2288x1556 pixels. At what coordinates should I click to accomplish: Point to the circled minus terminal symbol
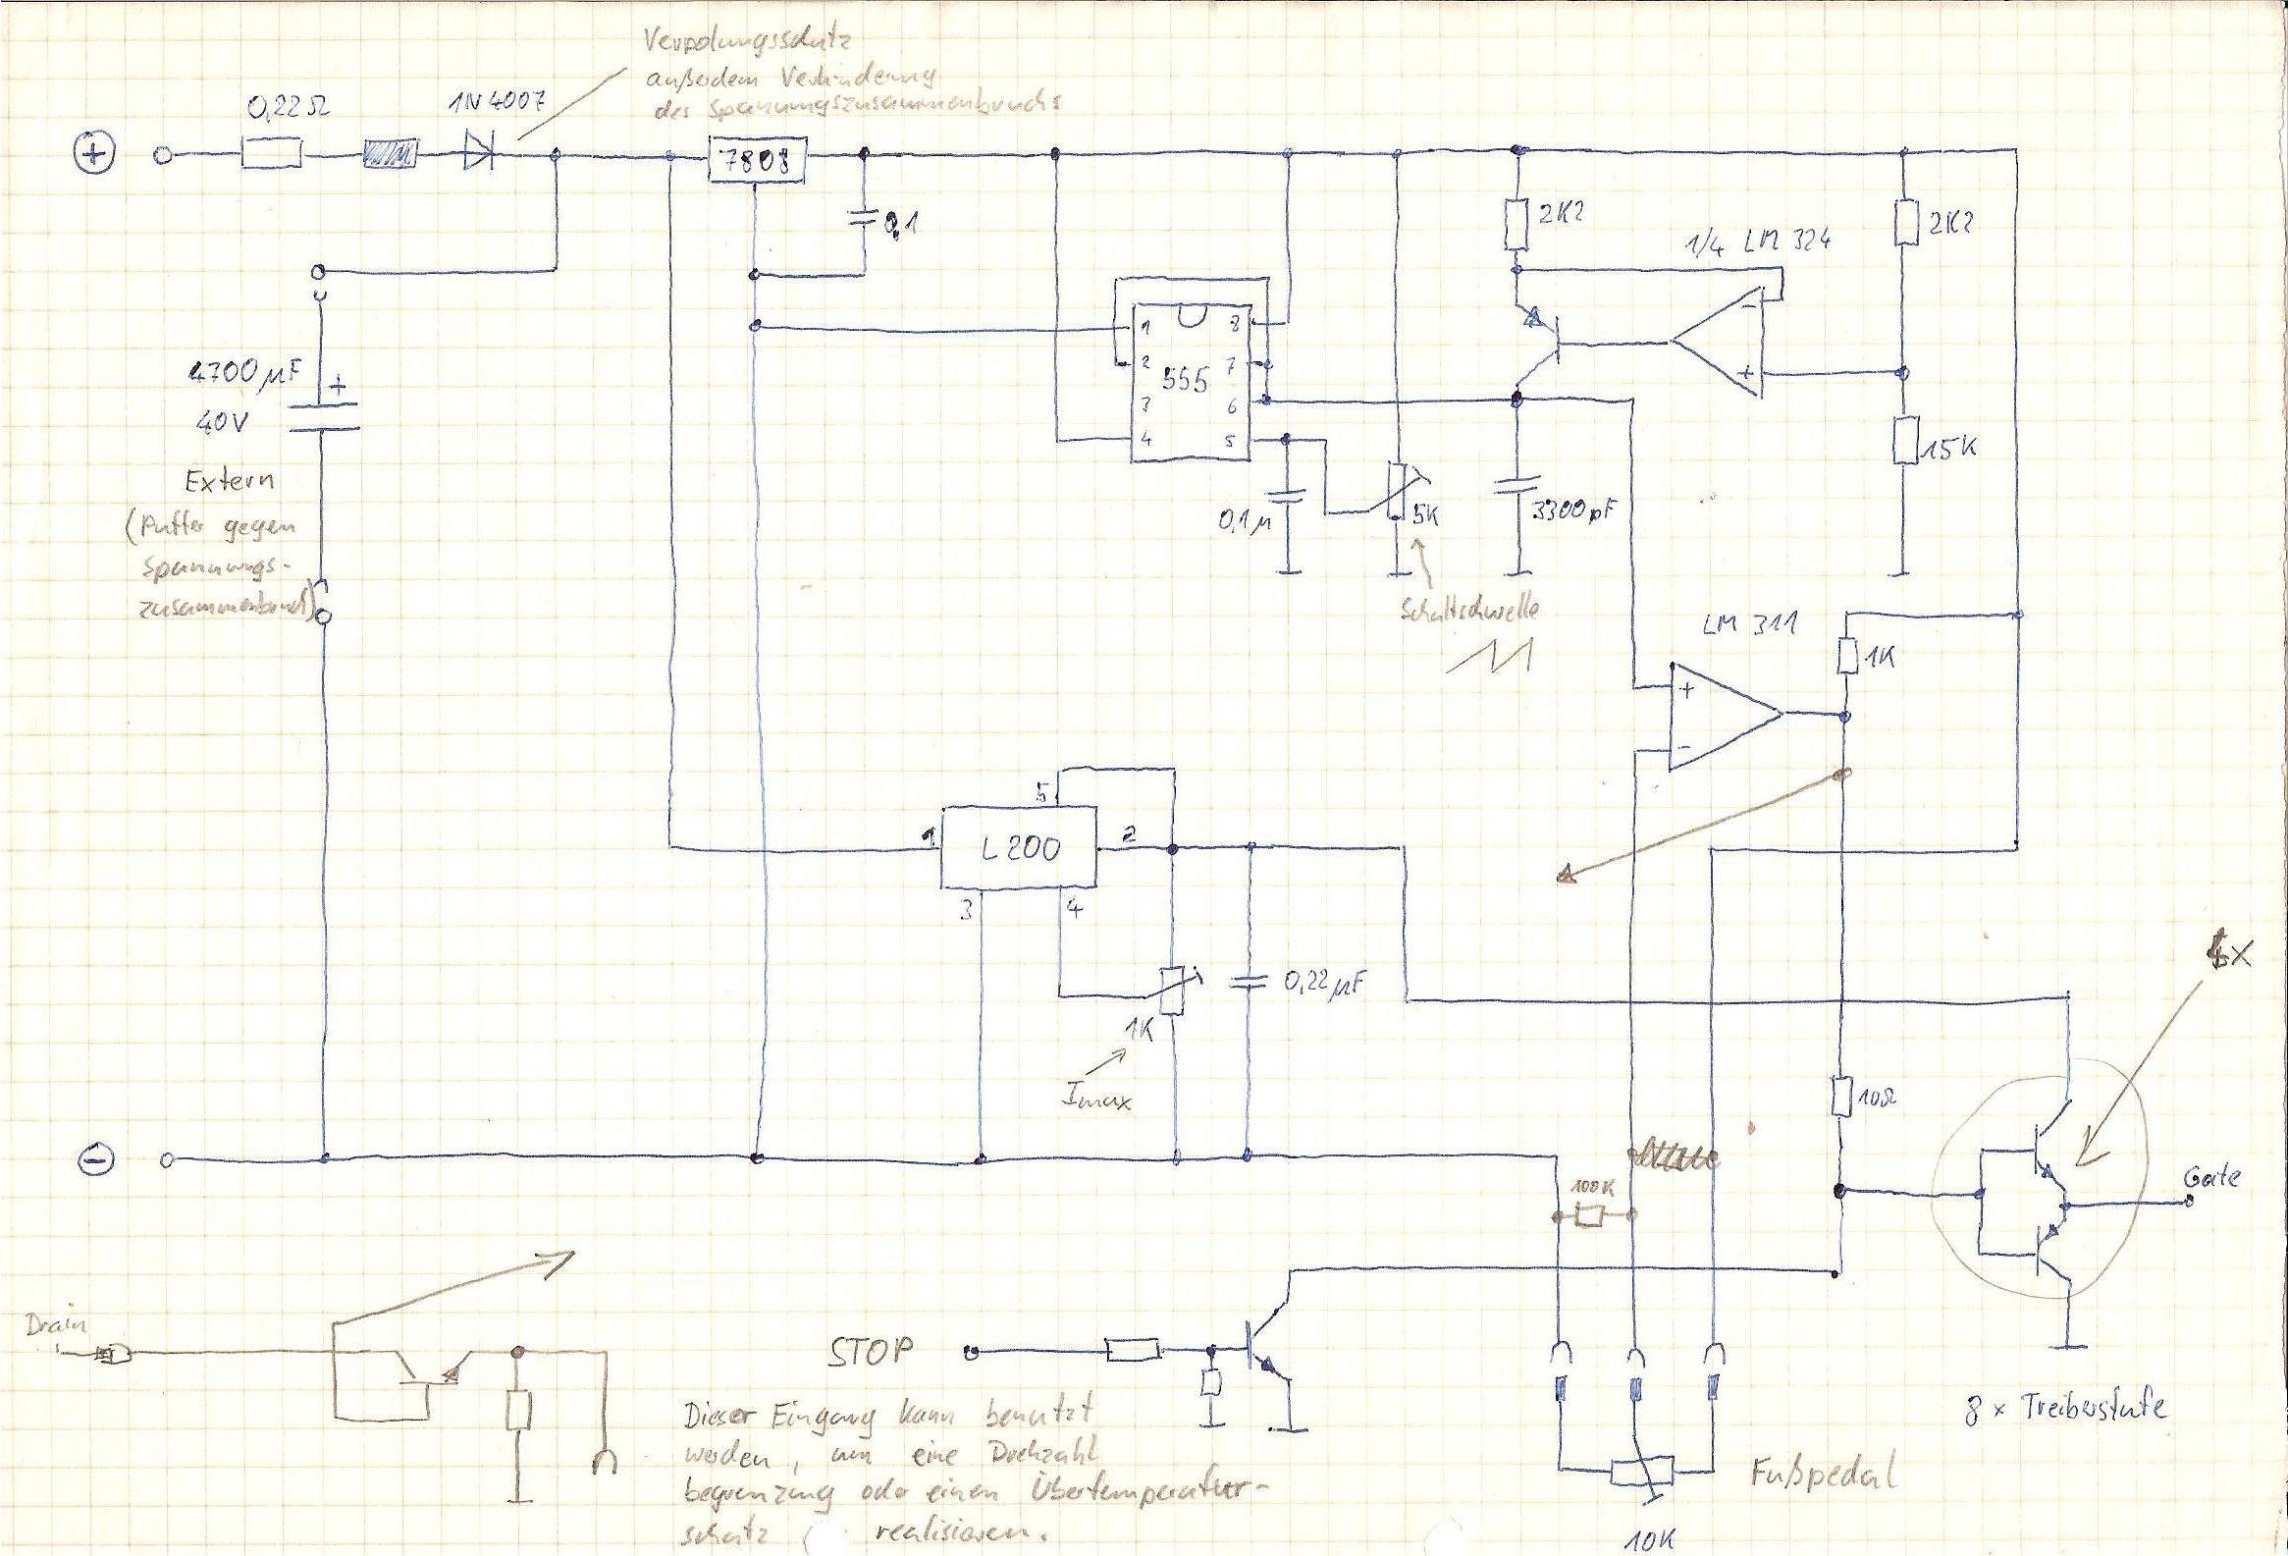pyautogui.click(x=97, y=1159)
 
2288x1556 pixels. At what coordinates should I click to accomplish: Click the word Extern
pyautogui.click(x=230, y=483)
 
